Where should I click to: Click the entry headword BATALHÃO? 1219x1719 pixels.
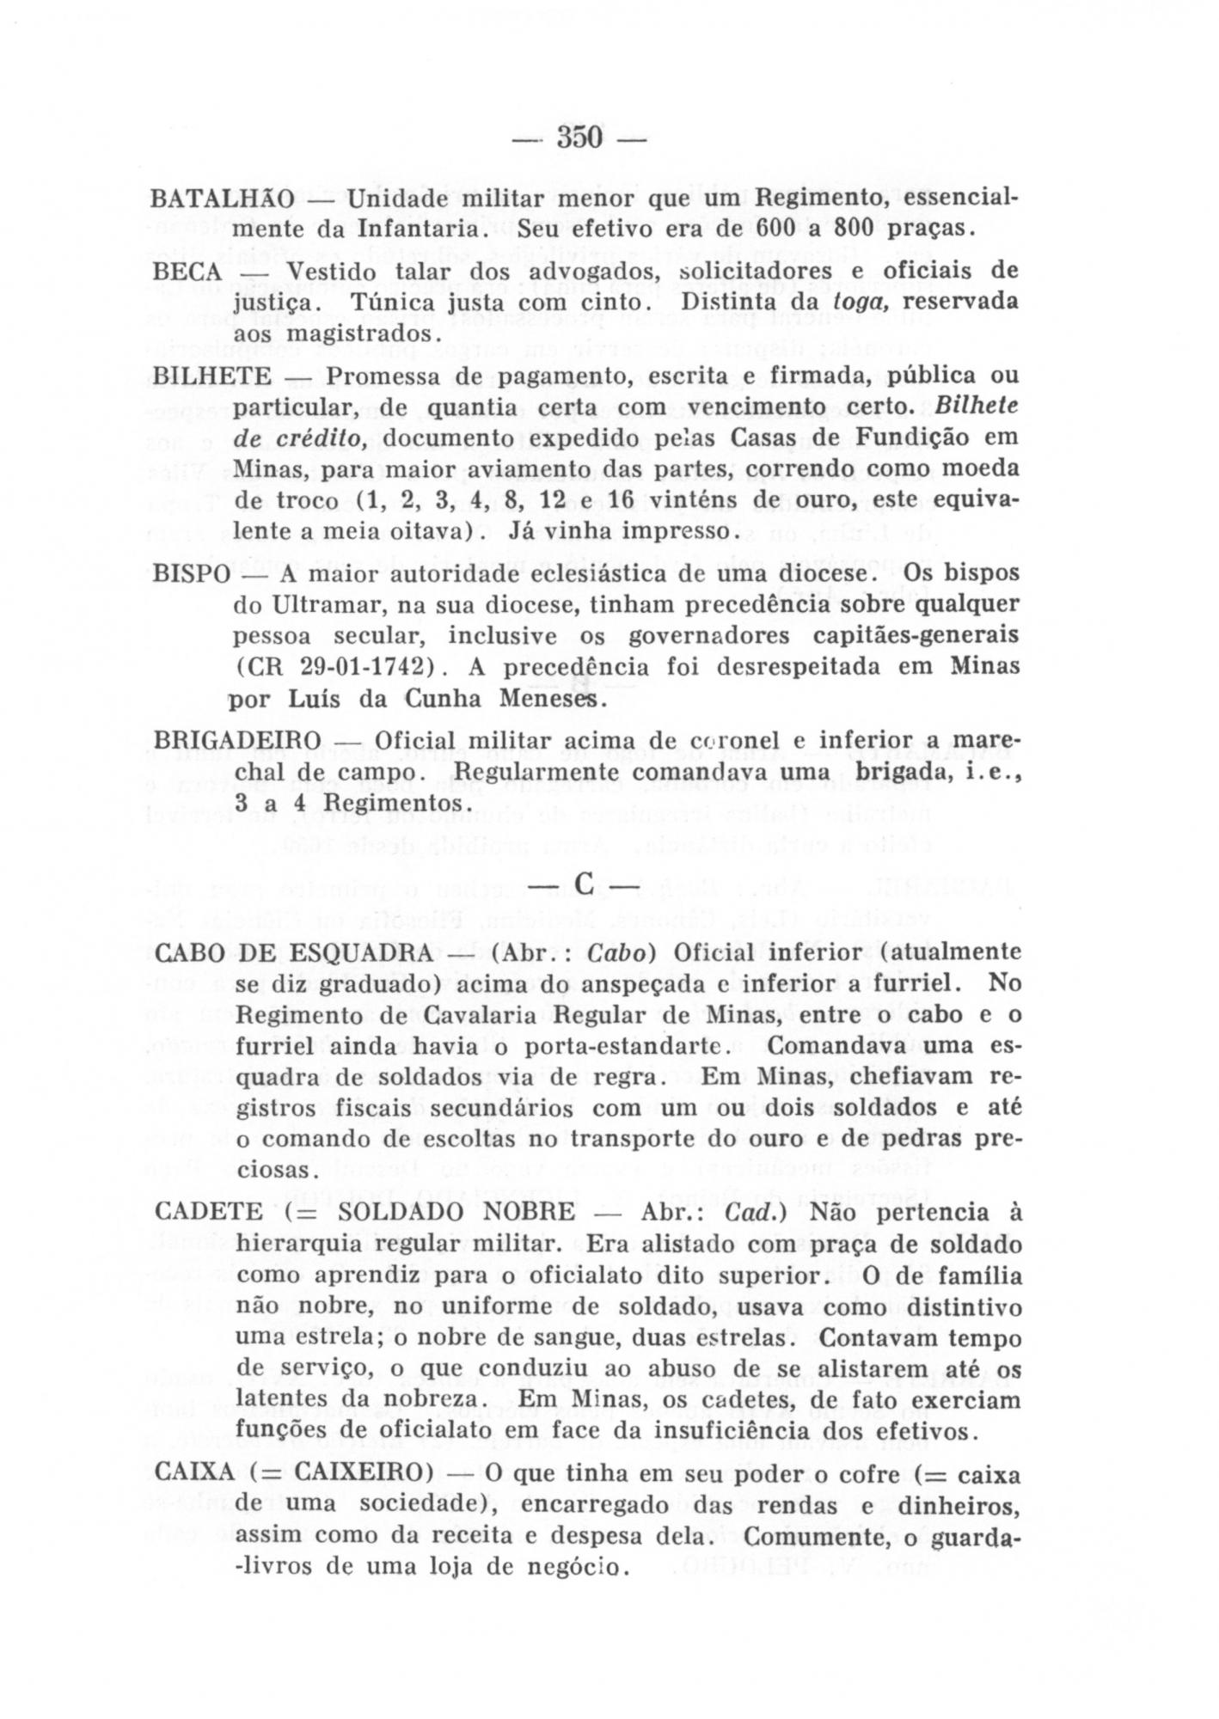coord(223,199)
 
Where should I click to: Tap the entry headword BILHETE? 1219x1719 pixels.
coord(211,376)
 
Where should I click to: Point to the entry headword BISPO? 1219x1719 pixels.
coord(192,573)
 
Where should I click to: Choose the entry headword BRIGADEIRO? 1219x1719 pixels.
coord(238,740)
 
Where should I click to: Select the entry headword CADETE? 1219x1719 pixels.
coord(210,1212)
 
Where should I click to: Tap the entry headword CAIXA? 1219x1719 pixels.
coord(195,1472)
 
